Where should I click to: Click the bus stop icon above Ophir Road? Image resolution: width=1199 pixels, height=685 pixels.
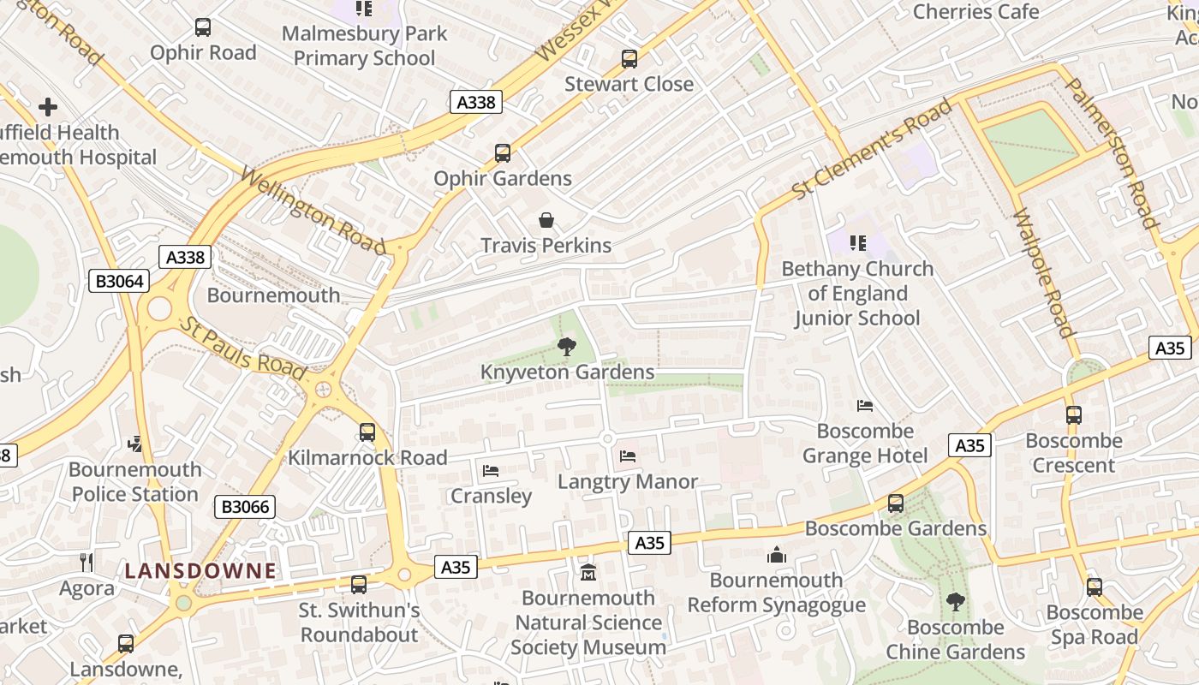click(x=203, y=27)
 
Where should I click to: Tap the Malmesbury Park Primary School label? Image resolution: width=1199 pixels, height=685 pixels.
click(x=365, y=46)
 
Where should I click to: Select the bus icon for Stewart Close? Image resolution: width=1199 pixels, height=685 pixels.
click(x=629, y=59)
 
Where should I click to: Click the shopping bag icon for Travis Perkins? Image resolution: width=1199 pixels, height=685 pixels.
click(x=546, y=221)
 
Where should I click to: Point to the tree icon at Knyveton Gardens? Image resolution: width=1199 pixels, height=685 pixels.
click(x=566, y=347)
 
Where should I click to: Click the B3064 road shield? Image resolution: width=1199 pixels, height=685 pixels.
click(x=119, y=281)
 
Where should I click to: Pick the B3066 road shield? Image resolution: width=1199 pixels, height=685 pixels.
click(x=245, y=507)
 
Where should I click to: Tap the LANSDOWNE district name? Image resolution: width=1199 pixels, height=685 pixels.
click(x=201, y=571)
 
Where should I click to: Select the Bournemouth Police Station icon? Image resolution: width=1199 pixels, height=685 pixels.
click(x=135, y=444)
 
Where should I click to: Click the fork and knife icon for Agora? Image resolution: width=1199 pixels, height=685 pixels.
click(x=86, y=563)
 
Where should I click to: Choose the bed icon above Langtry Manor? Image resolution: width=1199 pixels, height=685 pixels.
click(x=628, y=456)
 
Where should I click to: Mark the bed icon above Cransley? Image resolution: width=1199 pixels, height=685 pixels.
click(x=491, y=471)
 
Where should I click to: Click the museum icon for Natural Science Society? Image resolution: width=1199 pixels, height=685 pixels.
click(x=588, y=572)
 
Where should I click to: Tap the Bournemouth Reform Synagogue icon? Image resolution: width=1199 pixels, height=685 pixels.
click(x=777, y=555)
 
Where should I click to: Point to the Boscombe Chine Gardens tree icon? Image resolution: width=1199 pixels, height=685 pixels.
click(x=955, y=602)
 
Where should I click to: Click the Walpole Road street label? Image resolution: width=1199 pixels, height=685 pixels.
click(x=1043, y=273)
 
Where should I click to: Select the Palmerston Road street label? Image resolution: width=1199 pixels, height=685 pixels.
click(x=1112, y=153)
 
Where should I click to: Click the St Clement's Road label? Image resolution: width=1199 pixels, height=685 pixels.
click(x=872, y=149)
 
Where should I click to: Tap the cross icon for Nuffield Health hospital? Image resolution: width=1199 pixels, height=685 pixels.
click(x=48, y=107)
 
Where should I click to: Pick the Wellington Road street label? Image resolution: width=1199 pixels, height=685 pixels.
click(x=313, y=211)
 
